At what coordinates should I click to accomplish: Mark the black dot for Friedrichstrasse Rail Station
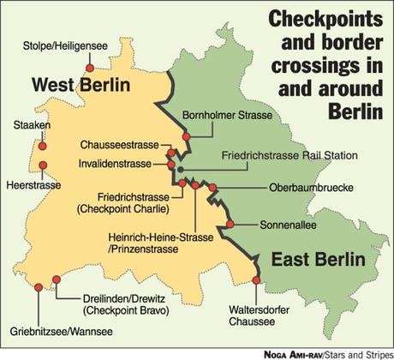(180, 169)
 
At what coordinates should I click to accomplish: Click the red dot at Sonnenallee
(230, 225)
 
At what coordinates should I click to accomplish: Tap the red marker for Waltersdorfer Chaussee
(257, 278)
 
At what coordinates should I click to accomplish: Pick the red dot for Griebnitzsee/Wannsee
(39, 288)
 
